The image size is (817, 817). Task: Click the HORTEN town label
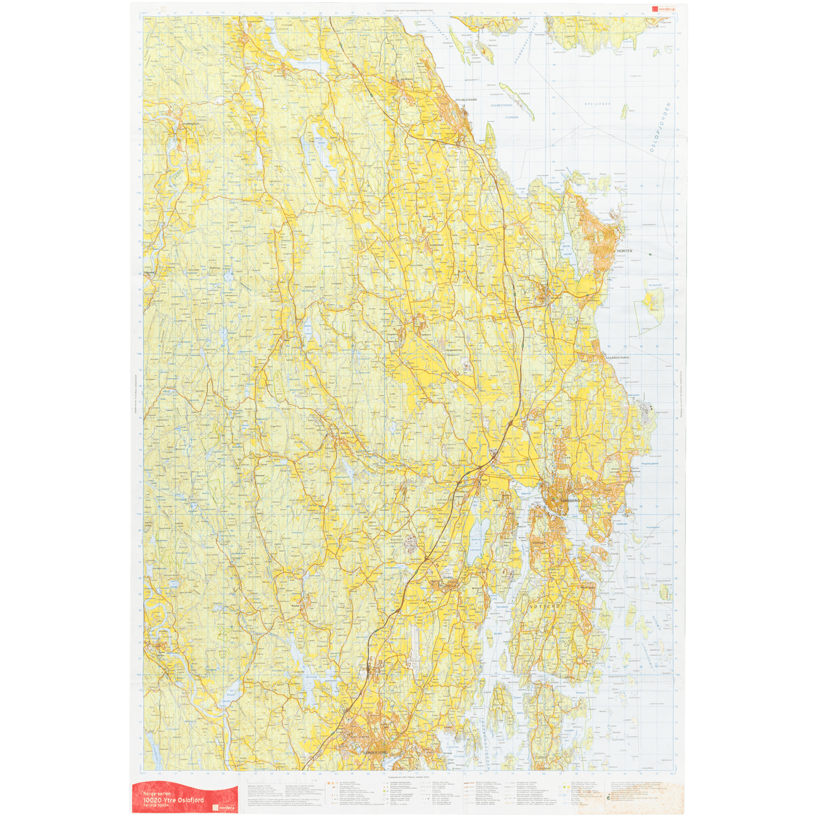[625, 251]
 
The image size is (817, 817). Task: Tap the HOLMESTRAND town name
[466, 99]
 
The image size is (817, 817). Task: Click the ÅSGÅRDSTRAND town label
[618, 357]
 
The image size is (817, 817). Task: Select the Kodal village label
[296, 606]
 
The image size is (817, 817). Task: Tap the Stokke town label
[448, 577]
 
